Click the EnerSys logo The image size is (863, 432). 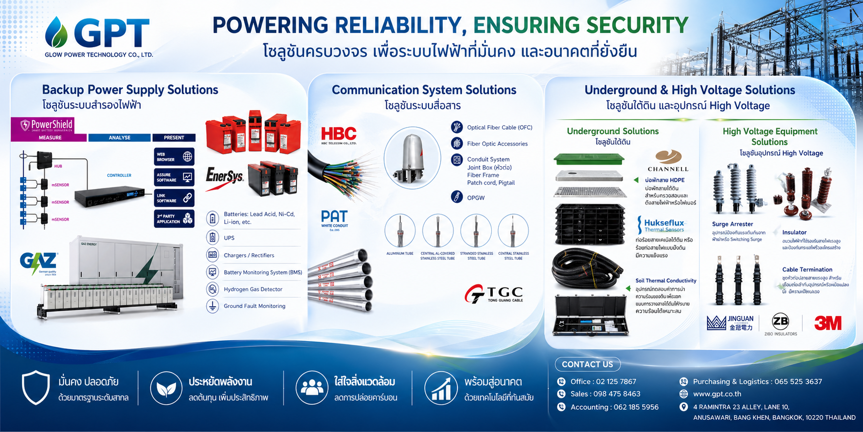[224, 176]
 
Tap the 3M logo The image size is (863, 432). [827, 323]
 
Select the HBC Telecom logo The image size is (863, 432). [339, 135]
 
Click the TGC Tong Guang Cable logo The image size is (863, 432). [494, 294]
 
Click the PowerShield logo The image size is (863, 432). [47, 125]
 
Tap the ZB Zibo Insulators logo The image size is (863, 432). [780, 323]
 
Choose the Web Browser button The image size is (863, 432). [174, 157]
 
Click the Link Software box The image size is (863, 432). [174, 198]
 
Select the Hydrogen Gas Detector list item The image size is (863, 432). [252, 289]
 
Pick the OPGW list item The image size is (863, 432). [475, 198]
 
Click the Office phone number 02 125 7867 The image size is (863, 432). [603, 382]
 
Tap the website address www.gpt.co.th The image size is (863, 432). [717, 394]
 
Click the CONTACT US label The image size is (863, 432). [587, 364]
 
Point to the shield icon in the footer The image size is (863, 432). [36, 388]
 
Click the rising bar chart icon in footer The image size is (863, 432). [440, 388]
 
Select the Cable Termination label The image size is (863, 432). [807, 269]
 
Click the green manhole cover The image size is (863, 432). [589, 158]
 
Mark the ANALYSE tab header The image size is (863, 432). [119, 138]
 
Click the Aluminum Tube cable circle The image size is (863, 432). [400, 231]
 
